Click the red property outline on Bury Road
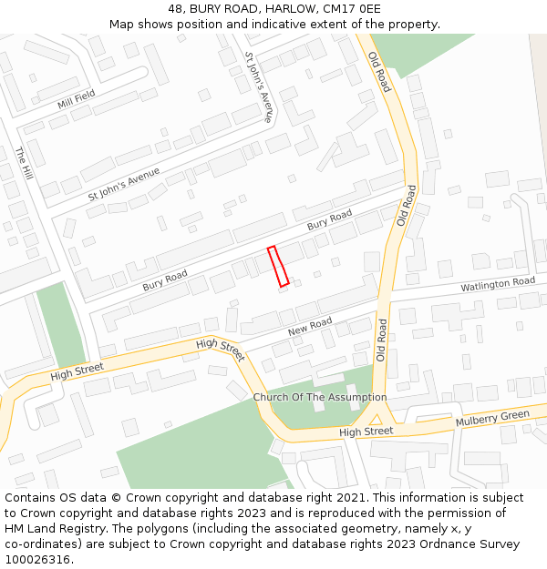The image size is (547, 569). click(278, 266)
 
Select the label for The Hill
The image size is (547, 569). click(25, 163)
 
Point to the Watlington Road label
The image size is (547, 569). click(498, 284)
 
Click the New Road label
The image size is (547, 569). click(310, 327)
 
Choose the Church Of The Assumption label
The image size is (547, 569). click(320, 397)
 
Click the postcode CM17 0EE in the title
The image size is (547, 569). click(352, 9)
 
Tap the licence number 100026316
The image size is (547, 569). click(37, 560)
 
